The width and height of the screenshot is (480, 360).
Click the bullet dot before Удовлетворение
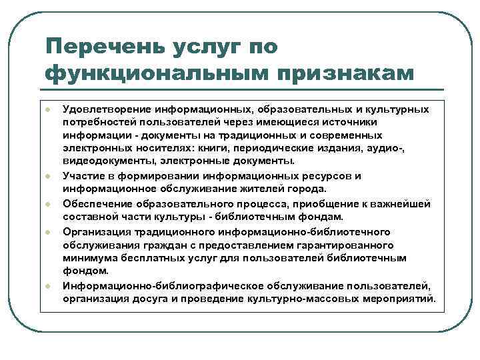tap(49, 109)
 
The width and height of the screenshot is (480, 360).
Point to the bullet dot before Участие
tap(49, 176)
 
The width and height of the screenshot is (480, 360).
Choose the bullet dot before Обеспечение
tap(49, 204)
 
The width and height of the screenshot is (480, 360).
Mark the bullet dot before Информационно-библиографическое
tap(49, 286)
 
